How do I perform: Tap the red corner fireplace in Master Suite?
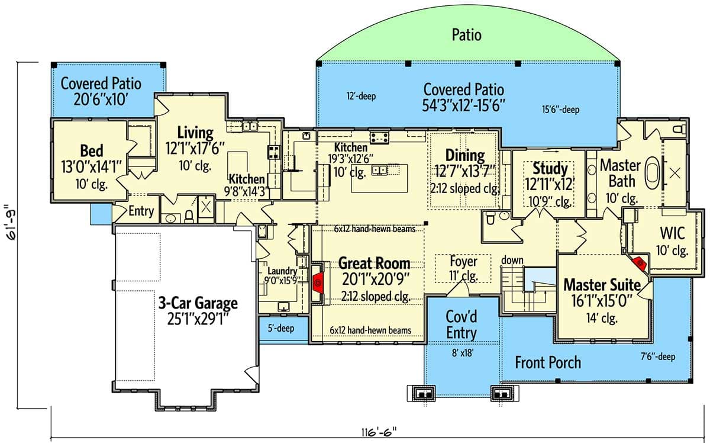coord(638,262)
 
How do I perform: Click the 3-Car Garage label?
coord(198,304)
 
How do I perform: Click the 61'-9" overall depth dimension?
coord(9,230)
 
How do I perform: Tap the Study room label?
coord(550,169)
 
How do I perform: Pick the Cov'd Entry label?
coord(461,325)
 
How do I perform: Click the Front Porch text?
coord(548,362)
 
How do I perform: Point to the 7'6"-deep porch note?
coord(656,357)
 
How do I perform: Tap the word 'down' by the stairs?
coord(512,261)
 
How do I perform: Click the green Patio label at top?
coord(466,35)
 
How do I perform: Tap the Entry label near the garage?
coord(141,211)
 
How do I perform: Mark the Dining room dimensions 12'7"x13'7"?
coord(464,172)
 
